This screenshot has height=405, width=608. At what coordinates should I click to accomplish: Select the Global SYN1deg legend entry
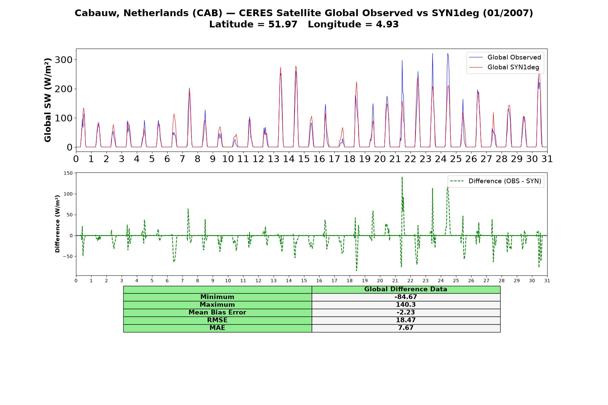(504, 67)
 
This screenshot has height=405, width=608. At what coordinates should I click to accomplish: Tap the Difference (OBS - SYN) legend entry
(496, 181)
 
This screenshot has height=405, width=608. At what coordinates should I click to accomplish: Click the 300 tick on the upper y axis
(65, 60)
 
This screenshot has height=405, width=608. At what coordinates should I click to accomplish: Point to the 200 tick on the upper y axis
(65, 89)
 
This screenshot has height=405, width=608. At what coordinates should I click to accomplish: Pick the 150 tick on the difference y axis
(68, 173)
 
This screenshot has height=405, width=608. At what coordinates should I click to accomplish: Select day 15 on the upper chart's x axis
(304, 159)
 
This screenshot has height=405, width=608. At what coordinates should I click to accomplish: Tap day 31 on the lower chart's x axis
(547, 281)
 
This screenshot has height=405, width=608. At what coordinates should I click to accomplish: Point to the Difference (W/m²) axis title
(57, 224)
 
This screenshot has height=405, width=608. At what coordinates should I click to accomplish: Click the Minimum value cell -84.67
(406, 297)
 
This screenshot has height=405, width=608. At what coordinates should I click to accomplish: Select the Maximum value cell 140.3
(406, 305)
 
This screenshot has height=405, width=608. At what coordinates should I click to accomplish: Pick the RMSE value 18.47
(406, 320)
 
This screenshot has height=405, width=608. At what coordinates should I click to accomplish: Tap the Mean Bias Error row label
(217, 313)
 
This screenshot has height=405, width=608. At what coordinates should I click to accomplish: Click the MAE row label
(217, 328)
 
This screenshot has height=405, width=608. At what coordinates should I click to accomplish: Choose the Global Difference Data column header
(406, 289)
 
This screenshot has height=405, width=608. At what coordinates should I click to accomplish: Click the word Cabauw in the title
(97, 13)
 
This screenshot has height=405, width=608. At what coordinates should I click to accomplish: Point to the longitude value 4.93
(387, 24)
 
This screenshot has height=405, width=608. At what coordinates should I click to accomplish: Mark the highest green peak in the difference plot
(402, 177)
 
